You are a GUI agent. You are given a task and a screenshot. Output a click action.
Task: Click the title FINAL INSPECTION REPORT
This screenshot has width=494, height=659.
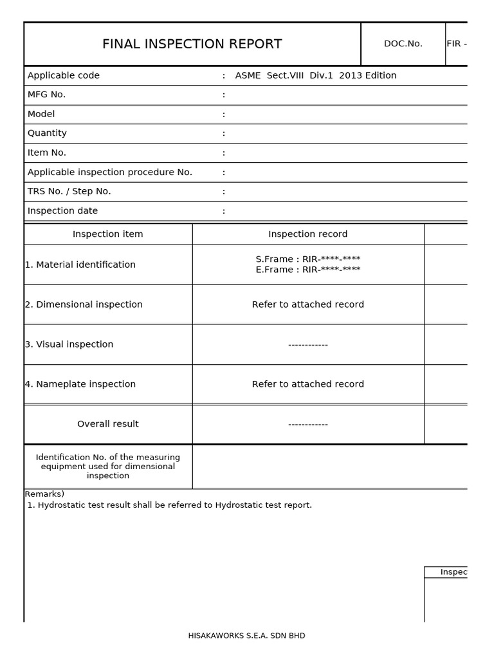coord(192,44)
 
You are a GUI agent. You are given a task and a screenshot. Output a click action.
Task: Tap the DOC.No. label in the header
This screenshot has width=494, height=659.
coord(403,44)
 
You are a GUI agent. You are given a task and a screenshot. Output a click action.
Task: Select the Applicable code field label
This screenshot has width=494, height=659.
coord(64,75)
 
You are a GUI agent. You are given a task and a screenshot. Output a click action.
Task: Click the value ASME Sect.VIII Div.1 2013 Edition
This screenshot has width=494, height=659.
coord(316,75)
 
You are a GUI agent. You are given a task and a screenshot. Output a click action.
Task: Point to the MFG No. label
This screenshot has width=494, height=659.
coord(46,95)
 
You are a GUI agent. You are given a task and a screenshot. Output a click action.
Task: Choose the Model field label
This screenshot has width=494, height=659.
coord(41,114)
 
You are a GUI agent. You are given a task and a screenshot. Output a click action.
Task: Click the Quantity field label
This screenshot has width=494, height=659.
coord(47,133)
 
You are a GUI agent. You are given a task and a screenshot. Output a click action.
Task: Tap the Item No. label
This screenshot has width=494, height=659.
coord(47,153)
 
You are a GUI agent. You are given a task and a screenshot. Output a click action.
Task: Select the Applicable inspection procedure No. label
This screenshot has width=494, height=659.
coord(110,172)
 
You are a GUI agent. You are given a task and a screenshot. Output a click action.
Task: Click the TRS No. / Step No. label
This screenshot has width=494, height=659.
coord(69,191)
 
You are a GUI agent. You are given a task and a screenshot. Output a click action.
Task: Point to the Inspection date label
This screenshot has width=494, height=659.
coord(62,210)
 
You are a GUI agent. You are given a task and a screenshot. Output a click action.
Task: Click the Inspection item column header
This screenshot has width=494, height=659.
coord(108,234)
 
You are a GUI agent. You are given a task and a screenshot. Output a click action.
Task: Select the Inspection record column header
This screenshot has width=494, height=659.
coord(307,234)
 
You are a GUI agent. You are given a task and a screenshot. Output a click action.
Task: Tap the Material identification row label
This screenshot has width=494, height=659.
coord(80,265)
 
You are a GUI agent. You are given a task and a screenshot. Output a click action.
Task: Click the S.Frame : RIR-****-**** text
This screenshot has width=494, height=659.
coord(307,259)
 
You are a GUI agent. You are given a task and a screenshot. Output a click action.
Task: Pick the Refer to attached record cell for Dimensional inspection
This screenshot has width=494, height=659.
coord(307,304)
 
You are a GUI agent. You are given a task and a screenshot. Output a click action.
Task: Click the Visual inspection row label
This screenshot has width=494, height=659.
coord(69,344)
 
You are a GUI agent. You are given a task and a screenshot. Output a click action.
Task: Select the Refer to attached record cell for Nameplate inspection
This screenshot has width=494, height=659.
coord(307,384)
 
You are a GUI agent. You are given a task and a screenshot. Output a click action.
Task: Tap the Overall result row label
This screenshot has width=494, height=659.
coord(108,424)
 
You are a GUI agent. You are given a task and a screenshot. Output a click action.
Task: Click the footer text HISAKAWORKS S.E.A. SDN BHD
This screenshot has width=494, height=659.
coord(246,636)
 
